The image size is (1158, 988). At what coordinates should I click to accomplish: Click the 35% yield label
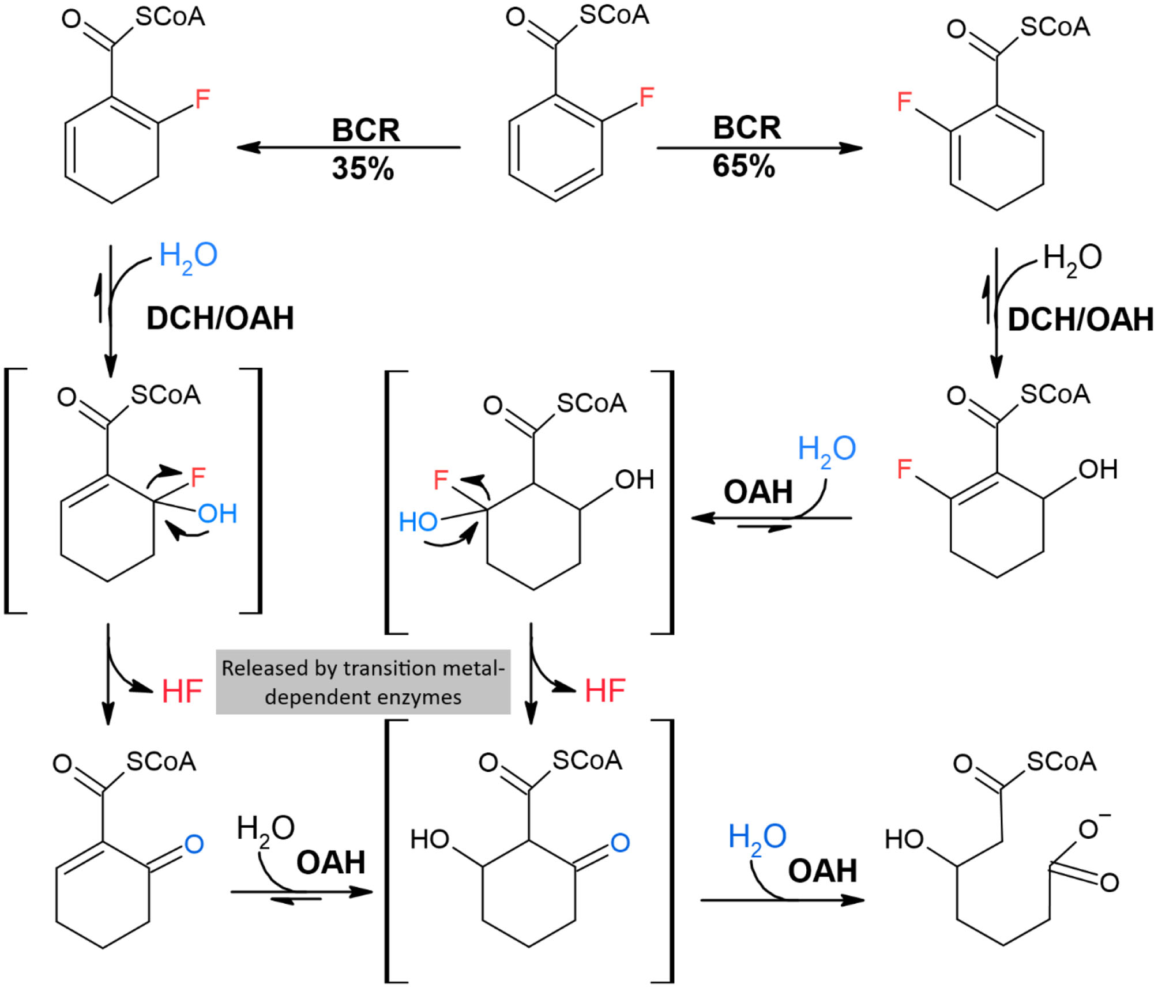(363, 168)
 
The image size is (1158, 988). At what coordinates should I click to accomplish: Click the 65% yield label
(743, 166)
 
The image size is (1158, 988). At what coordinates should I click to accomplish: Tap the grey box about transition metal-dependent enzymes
(363, 682)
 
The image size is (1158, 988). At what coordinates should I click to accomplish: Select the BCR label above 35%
(366, 130)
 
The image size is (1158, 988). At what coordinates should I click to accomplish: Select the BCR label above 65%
(747, 128)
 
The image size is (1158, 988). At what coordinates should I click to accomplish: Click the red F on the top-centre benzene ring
(646, 97)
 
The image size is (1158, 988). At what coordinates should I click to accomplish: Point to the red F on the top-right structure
(904, 102)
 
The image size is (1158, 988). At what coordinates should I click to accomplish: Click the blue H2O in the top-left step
(188, 256)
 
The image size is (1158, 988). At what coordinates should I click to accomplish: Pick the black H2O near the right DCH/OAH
(1072, 258)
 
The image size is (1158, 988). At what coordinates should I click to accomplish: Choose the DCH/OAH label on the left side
(220, 318)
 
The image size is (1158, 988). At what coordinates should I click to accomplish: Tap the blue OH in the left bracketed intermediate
(217, 514)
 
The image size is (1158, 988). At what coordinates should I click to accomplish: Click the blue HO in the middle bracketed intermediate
(418, 522)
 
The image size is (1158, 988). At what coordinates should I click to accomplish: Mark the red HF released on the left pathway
(182, 691)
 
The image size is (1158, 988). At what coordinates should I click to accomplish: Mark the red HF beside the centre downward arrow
(605, 691)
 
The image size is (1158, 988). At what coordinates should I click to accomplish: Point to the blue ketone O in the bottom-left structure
(194, 844)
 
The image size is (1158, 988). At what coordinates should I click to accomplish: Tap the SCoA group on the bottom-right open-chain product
(1061, 762)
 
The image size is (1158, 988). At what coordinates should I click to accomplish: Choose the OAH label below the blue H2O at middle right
(758, 492)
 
